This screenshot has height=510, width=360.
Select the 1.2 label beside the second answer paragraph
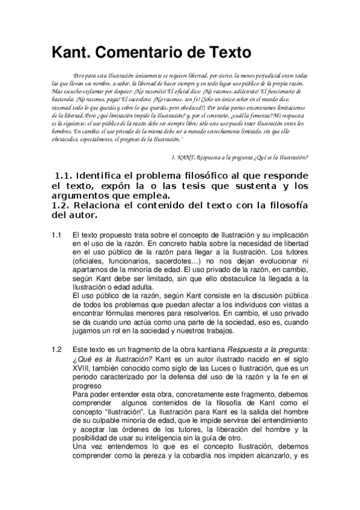pos(56,349)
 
